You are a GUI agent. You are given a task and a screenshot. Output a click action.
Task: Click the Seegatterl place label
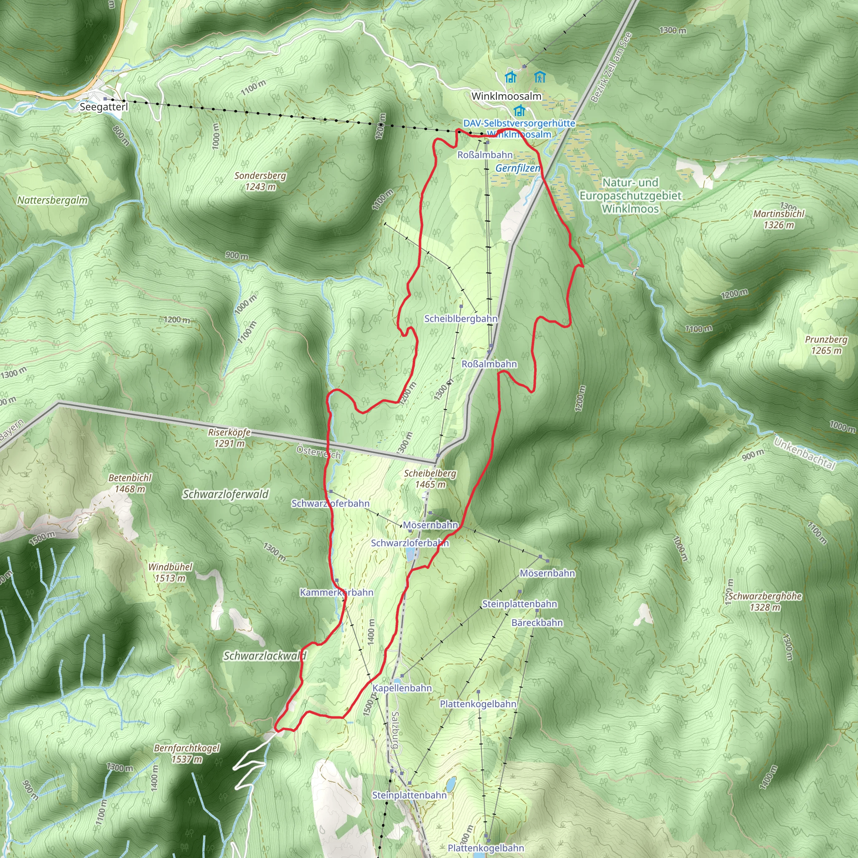click(103, 107)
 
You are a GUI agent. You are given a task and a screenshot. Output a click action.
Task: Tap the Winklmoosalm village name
click(506, 96)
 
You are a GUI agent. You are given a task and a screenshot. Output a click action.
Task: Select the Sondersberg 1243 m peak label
click(260, 181)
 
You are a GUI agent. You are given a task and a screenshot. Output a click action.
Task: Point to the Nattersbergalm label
click(52, 200)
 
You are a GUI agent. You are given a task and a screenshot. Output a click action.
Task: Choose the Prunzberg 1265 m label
click(826, 345)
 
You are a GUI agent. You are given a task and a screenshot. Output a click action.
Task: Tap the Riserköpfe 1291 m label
click(229, 438)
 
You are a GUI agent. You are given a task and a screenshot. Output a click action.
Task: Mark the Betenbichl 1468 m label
click(130, 483)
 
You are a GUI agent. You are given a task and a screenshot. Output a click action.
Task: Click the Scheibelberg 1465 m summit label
click(430, 479)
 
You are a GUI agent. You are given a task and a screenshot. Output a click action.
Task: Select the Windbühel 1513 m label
click(170, 572)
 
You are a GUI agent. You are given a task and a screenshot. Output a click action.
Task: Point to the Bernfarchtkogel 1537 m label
click(187, 754)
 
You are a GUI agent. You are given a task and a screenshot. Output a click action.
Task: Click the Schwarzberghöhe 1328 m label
click(765, 602)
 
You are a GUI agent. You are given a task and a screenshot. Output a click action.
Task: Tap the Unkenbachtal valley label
click(804, 453)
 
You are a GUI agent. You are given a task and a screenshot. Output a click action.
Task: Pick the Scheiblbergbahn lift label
click(460, 318)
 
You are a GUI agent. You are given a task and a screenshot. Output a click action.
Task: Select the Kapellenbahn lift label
click(402, 688)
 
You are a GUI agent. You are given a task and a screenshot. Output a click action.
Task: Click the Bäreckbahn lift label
click(537, 623)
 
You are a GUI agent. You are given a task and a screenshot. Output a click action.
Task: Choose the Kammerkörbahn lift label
click(336, 592)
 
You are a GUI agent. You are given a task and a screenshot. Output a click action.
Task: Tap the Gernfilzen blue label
click(517, 168)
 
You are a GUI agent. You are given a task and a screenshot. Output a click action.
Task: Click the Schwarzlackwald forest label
click(265, 656)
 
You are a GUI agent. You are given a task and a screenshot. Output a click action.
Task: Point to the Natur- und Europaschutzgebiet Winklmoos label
click(630, 195)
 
